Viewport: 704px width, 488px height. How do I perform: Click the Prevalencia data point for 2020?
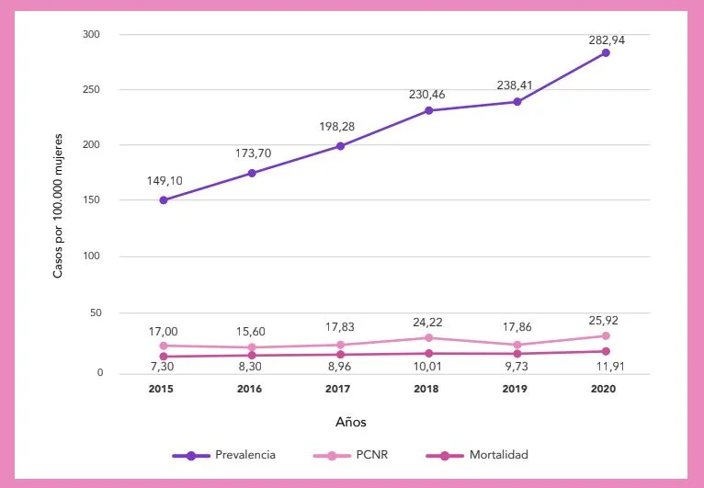coord(606,52)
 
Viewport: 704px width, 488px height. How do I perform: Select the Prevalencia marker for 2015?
coord(164,199)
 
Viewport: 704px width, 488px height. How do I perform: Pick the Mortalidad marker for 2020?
coord(606,351)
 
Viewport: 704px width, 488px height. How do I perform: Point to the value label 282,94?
coord(606,39)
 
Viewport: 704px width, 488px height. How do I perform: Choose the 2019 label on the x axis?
coord(517,390)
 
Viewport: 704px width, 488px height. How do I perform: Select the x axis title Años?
coord(350,422)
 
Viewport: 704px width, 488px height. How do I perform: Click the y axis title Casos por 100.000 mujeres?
coord(58,204)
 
